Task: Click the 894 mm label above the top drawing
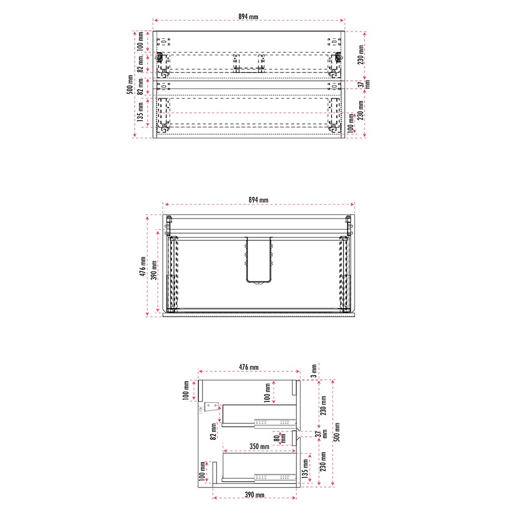[x=248, y=17]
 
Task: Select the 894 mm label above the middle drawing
[x=258, y=200]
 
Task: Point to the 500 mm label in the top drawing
[x=130, y=84]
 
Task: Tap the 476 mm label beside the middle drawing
[x=143, y=266]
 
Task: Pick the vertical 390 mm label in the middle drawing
[x=154, y=270]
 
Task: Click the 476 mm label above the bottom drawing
[x=249, y=367]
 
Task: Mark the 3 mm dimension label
[x=314, y=371]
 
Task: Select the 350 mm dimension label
[x=260, y=447]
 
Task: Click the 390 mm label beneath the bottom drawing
[x=254, y=495]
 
